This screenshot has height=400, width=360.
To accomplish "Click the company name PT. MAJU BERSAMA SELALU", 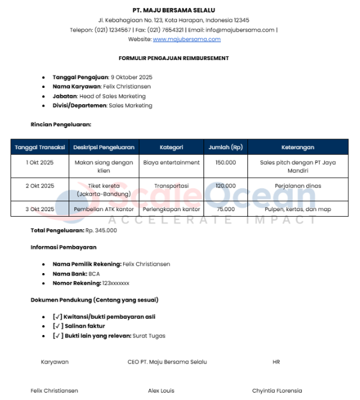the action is tap(173, 10).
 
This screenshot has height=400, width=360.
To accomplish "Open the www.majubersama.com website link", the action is tap(186, 39).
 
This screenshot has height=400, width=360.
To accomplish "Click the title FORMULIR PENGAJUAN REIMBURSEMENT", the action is tap(174, 58).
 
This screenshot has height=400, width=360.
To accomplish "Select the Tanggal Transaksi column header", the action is tap(40, 147).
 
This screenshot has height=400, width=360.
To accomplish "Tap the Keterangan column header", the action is tap(298, 147).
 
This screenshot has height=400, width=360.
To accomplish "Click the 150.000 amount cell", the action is tap(225, 162).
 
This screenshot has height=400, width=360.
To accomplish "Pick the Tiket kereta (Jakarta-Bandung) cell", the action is tap(104, 189).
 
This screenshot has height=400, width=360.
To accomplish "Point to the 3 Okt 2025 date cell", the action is tap(40, 209).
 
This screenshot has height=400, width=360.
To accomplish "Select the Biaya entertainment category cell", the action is tap(171, 162).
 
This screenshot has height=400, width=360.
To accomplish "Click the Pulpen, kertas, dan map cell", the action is tap(298, 209).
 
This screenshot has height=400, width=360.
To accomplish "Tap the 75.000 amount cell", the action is tap(225, 209).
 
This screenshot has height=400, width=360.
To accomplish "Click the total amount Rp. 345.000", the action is tap(101, 230).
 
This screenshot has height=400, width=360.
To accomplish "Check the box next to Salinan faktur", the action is tap(58, 326).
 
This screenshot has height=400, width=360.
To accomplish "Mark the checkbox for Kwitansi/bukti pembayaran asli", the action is tap(58, 316).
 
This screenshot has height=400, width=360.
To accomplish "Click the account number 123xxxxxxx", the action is tap(116, 283).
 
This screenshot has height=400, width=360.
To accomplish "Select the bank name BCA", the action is tap(94, 274).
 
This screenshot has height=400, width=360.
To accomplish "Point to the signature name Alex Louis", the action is tap(161, 391).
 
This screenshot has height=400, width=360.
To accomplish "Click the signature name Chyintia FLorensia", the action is tap(276, 391).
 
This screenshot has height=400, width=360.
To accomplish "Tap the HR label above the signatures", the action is tap(276, 362).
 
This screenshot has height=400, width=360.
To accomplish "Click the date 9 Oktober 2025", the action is tap(131, 77).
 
